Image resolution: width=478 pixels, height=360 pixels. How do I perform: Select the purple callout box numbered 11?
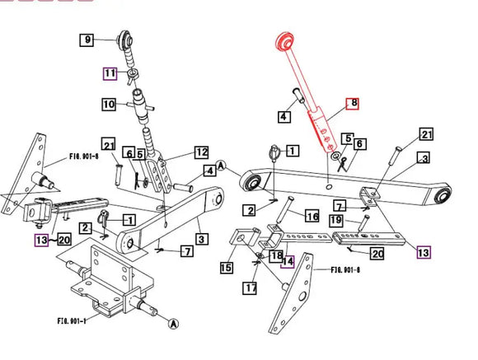(110, 74)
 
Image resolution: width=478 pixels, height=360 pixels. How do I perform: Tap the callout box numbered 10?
(110, 105)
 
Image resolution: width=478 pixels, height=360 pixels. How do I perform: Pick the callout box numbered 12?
(201, 152)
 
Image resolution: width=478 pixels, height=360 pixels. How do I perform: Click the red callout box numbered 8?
(353, 104)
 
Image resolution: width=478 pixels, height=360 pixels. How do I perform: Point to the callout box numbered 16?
(312, 217)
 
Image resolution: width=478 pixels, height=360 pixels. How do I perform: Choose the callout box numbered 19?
(335, 221)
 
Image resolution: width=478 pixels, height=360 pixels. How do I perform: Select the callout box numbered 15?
(227, 268)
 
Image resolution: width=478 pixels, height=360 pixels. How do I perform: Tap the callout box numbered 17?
(251, 288)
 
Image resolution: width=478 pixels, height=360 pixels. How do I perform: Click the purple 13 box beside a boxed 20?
(41, 240)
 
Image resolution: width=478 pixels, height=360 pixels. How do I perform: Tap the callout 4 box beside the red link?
(284, 117)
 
